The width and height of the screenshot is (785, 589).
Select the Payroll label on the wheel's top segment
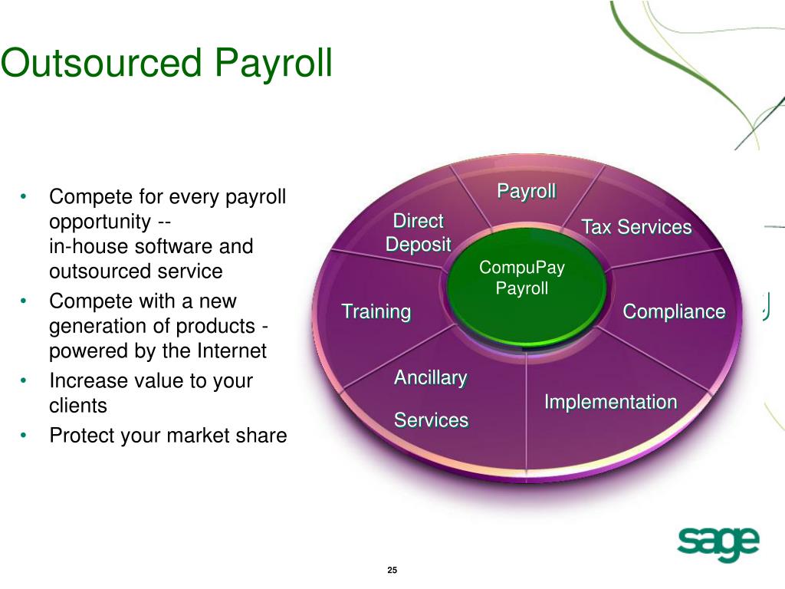coord(527,191)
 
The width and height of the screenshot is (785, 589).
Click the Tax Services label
coord(636,227)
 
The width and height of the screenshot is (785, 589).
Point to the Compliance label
coord(674,311)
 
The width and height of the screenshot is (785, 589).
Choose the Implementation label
coord(610,402)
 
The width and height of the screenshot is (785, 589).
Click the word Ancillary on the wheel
coord(430,377)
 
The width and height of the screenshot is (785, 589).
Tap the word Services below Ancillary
coord(431,420)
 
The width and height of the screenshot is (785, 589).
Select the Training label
coord(376,311)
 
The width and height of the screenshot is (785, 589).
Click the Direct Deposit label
coord(418,232)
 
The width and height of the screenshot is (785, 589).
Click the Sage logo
coord(718,545)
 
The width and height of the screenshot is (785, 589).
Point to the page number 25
coord(392,570)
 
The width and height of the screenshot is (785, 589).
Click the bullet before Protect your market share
coord(25,436)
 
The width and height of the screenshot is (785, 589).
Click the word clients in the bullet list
coord(78,406)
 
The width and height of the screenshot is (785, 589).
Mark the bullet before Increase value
coord(25,380)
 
